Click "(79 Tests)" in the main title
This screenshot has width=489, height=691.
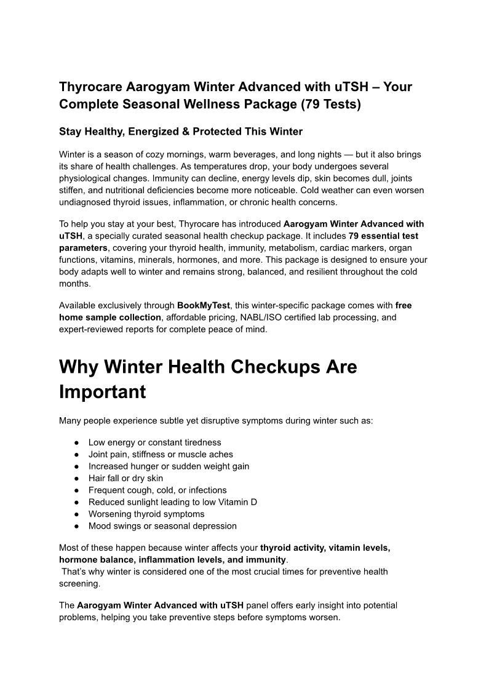(x=331, y=104)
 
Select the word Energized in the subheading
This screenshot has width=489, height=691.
(x=164, y=132)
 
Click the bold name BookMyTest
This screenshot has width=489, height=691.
(x=204, y=305)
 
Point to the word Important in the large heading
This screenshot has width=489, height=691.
(x=102, y=392)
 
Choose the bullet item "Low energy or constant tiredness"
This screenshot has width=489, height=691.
(x=154, y=442)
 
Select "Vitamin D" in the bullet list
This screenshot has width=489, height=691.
(x=237, y=502)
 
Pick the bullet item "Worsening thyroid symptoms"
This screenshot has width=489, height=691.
(x=146, y=514)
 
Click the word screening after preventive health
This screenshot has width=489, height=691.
(x=79, y=583)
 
